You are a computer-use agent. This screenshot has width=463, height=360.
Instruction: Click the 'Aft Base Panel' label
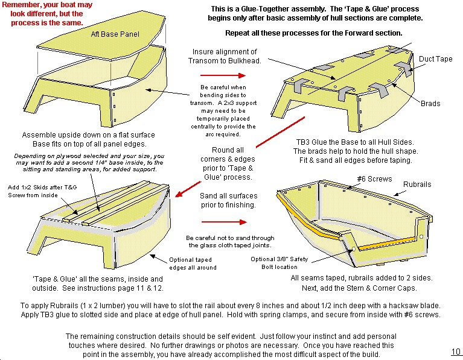115,34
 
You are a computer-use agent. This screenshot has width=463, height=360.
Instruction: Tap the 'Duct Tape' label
436,59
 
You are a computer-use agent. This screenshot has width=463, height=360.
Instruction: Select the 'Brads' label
430,104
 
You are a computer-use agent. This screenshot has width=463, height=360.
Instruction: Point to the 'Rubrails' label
417,185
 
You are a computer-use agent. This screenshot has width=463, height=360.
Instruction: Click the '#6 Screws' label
374,179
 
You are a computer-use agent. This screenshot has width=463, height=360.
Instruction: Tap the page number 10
456,352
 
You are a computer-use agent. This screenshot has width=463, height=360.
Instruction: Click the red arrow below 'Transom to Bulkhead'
223,75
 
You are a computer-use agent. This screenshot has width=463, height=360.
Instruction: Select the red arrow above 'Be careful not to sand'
224,222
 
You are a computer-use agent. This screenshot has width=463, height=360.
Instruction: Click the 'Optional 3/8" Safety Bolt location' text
279,263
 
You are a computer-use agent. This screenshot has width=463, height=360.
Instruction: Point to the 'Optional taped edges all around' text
193,264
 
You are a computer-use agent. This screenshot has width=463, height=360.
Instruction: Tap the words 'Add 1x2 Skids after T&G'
42,187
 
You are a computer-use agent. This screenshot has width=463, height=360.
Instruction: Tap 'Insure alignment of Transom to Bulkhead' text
225,56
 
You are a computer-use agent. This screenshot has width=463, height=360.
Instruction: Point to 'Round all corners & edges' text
228,154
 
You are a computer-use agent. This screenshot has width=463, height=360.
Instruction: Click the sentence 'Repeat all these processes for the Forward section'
313,33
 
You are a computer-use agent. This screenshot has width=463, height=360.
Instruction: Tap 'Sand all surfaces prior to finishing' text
228,200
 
